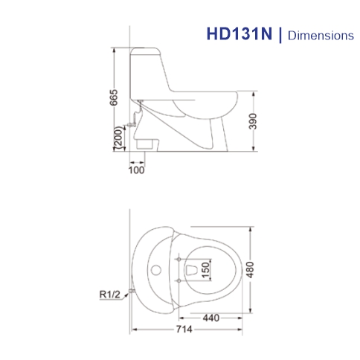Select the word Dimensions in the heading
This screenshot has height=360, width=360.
pos(318,35)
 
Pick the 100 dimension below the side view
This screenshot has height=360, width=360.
pos(136,170)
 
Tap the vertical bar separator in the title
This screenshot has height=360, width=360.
pos(280,34)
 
